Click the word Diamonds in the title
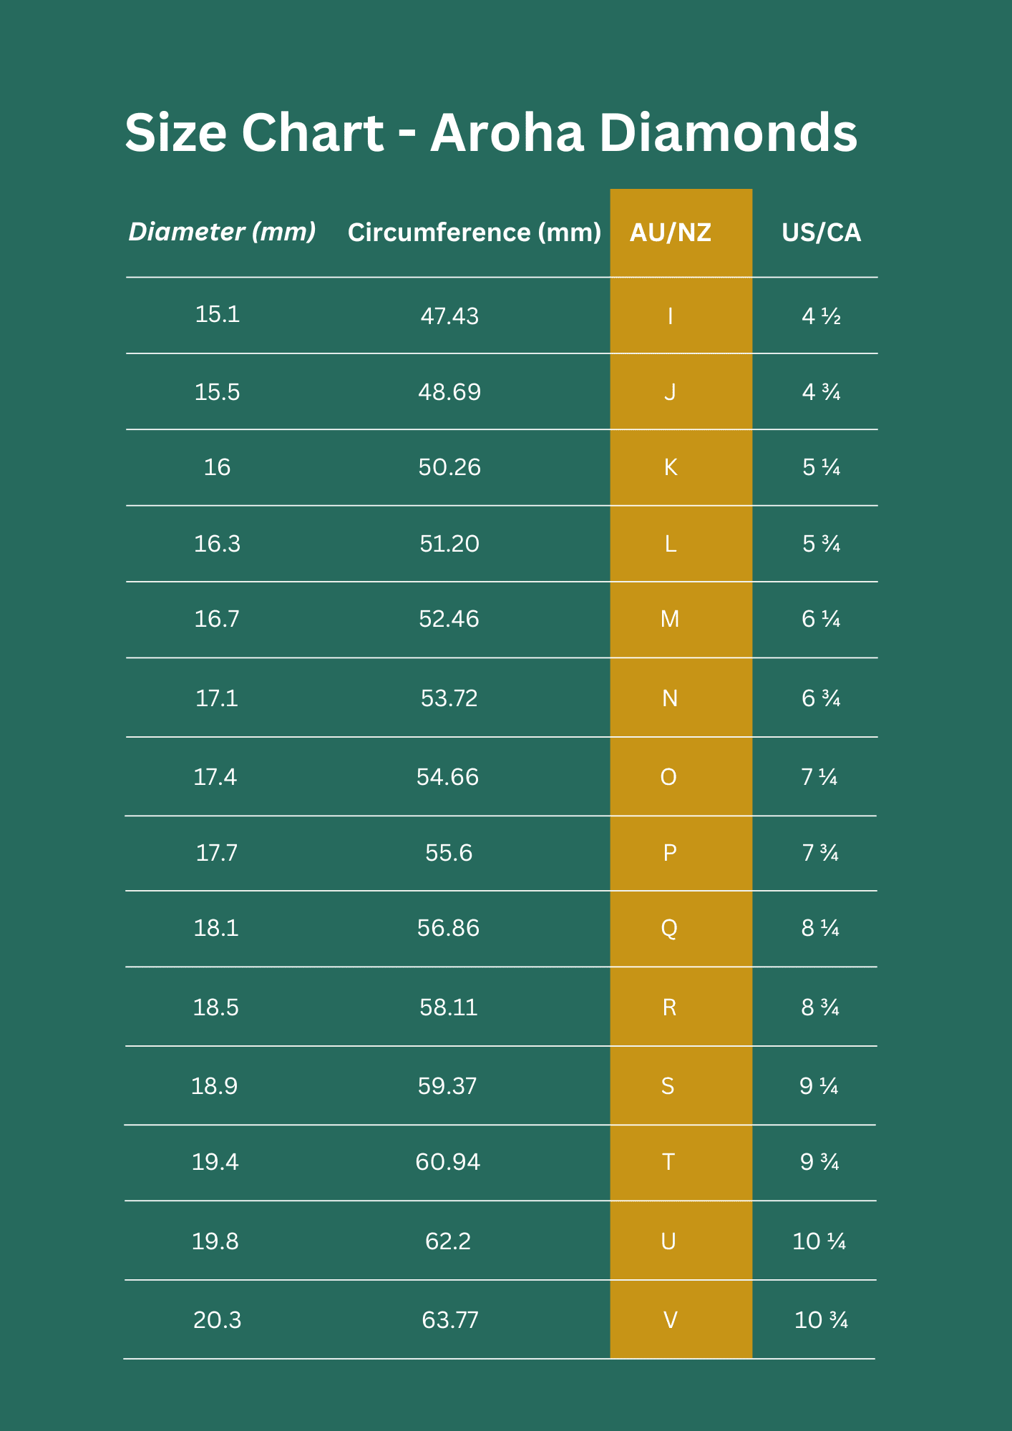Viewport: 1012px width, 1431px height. (x=727, y=133)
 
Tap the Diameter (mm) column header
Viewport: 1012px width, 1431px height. (x=222, y=232)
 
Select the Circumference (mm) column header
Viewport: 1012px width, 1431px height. (x=474, y=233)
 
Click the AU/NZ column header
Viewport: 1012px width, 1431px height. (x=671, y=233)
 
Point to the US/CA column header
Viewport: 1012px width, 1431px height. (x=821, y=233)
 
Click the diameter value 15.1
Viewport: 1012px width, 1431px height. (x=218, y=314)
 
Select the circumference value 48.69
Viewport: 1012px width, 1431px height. (x=449, y=392)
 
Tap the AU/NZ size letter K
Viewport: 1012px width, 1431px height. (x=671, y=467)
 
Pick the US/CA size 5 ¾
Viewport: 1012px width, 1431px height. (x=821, y=544)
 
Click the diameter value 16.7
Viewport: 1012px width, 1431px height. (x=217, y=619)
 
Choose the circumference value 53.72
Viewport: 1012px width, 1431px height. (x=449, y=698)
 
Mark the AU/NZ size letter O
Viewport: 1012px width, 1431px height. (x=668, y=777)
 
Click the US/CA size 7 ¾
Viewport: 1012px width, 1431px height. (x=820, y=853)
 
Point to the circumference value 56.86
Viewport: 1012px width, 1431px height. (x=448, y=928)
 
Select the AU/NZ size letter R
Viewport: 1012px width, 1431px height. (x=669, y=1007)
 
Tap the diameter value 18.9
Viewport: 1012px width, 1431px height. (x=214, y=1086)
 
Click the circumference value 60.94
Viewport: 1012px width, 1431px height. (x=447, y=1162)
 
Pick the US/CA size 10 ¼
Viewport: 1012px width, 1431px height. (x=819, y=1241)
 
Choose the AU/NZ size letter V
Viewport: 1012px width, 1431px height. (x=671, y=1320)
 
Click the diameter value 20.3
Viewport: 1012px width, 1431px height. (x=217, y=1320)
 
